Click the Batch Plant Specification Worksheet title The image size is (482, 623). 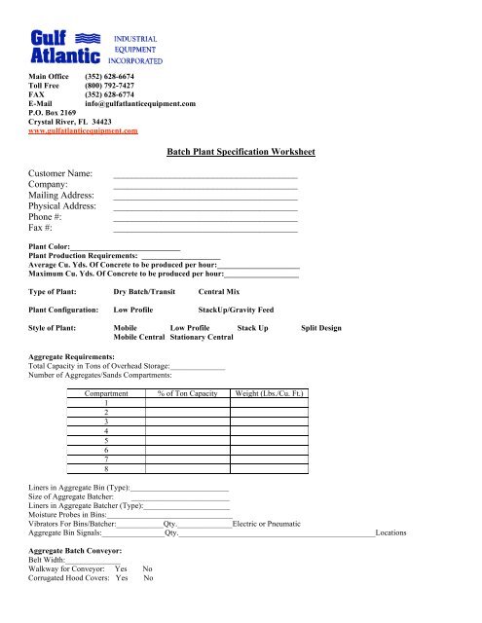(241, 152)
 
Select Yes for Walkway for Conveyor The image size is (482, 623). (121, 595)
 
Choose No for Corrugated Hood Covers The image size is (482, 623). (148, 605)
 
